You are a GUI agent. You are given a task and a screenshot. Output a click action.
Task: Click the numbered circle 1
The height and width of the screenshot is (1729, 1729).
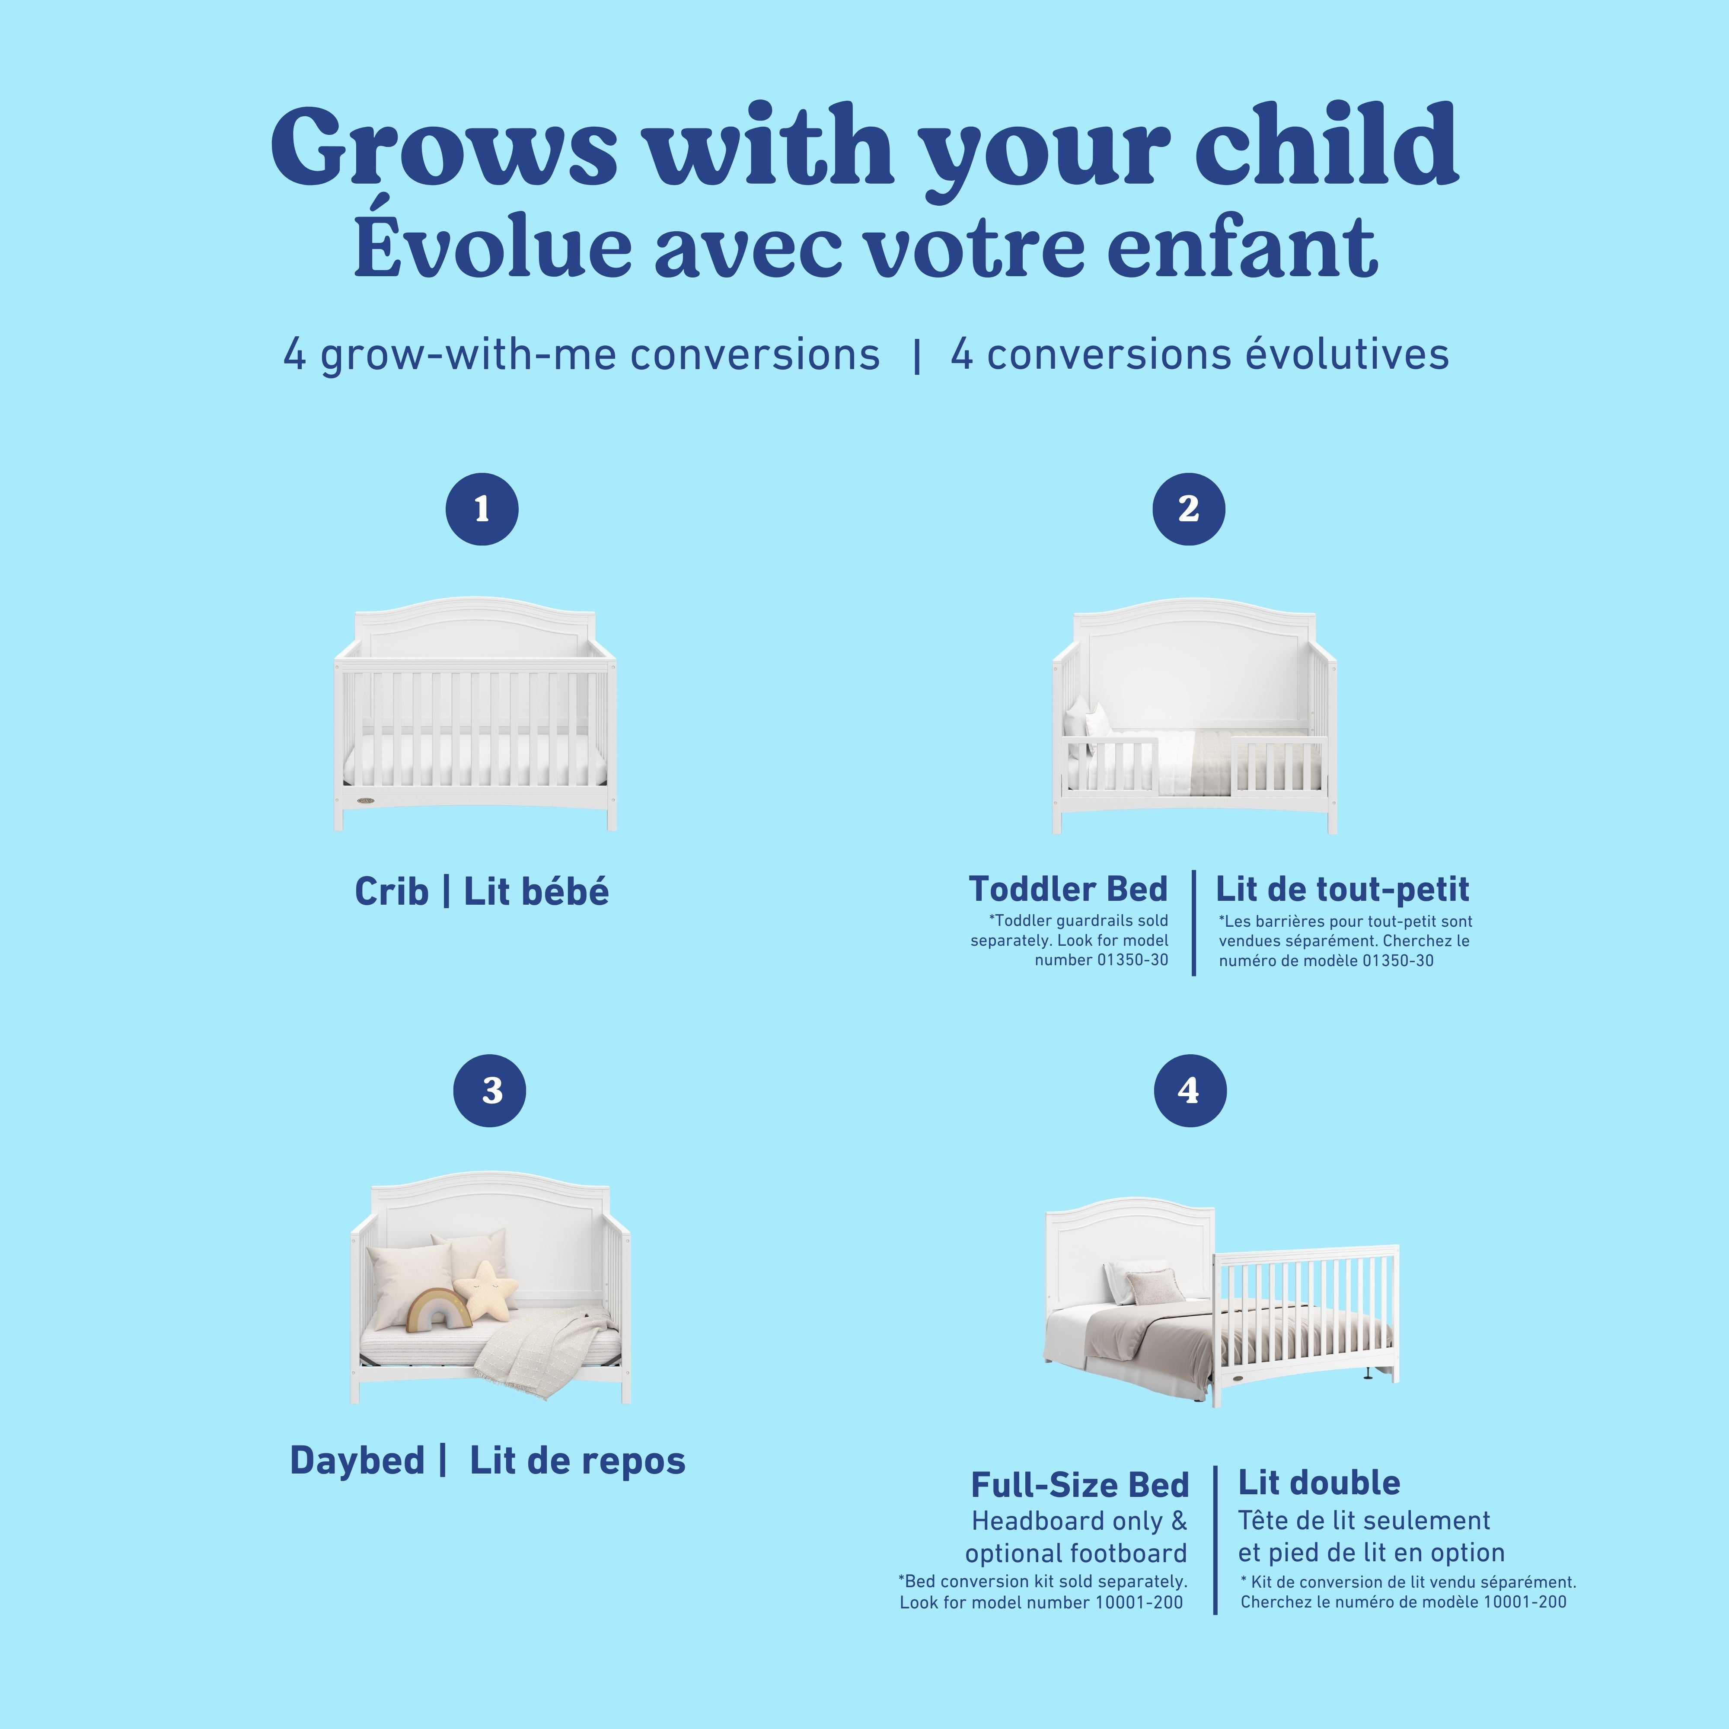coord(482,509)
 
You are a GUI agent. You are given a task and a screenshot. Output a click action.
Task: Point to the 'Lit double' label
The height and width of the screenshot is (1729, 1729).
coord(1318,1483)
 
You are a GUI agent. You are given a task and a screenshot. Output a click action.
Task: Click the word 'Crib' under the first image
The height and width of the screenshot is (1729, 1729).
coord(391,892)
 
